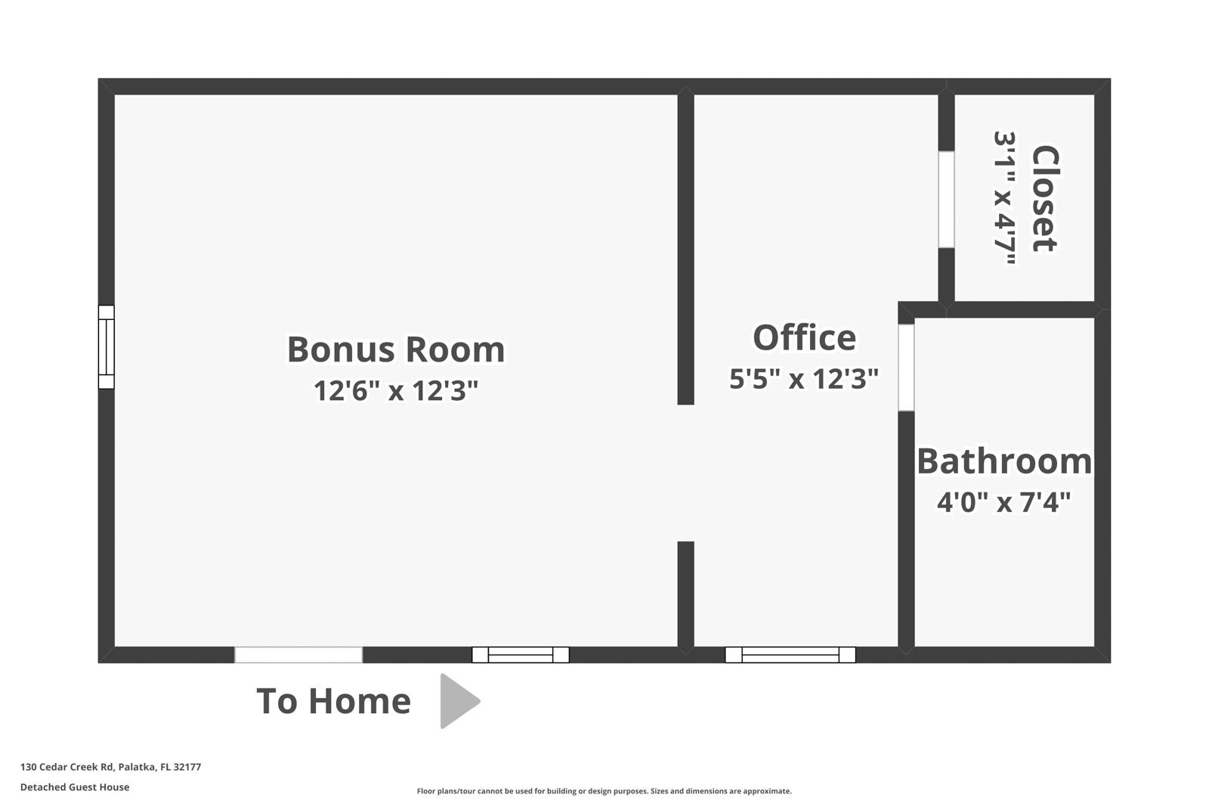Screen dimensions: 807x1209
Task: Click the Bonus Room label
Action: coord(396,349)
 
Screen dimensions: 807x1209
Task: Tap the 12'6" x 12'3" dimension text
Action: coord(396,391)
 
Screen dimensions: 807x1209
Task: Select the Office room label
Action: coord(804,337)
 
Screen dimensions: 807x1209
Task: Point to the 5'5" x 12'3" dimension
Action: coord(804,378)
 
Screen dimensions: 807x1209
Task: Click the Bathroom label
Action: coord(1004,461)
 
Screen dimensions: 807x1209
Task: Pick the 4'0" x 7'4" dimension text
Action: coord(1004,501)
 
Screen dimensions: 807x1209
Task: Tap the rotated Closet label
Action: coord(1045,199)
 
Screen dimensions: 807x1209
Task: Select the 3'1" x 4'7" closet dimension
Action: coord(1004,199)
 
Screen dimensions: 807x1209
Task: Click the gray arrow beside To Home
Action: coord(458,701)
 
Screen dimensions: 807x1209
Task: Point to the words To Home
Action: coord(333,701)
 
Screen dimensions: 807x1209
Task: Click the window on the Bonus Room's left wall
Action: coord(107,347)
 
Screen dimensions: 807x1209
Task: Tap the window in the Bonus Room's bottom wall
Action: coord(521,655)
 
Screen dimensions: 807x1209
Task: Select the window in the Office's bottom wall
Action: coord(790,655)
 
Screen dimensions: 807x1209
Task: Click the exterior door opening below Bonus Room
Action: coord(298,655)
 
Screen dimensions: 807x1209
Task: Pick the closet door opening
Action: coord(946,200)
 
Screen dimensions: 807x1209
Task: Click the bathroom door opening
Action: coord(906,368)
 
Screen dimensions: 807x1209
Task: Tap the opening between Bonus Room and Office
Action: coord(685,473)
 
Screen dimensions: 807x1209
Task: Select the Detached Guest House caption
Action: coord(75,787)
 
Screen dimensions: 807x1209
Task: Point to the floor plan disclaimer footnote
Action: coord(604,791)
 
